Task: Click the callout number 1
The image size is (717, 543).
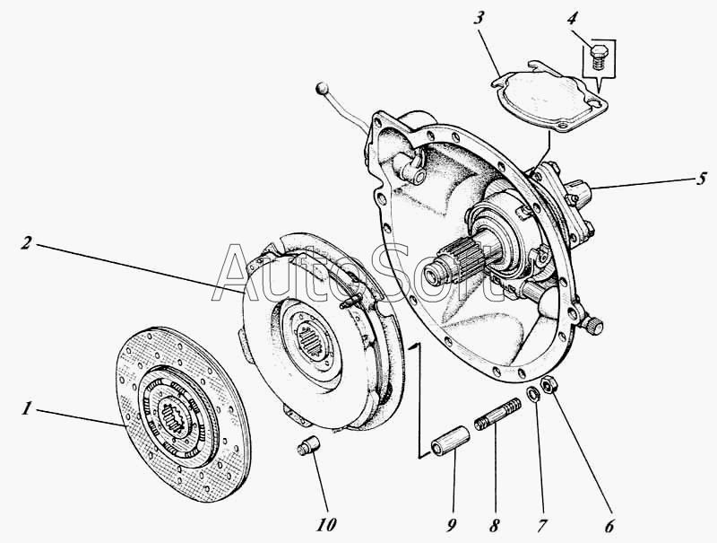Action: click(x=27, y=408)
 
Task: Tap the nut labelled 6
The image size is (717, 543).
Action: click(x=552, y=386)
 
